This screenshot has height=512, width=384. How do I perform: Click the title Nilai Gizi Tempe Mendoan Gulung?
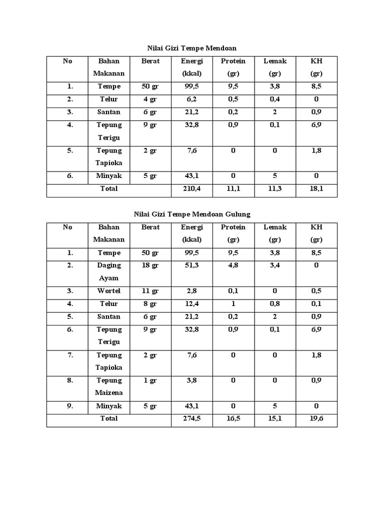coord(192,214)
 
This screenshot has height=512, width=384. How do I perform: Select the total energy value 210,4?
coord(192,188)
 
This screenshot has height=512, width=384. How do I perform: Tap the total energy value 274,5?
coord(192,418)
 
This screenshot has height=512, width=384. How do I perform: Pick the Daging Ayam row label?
coord(109,271)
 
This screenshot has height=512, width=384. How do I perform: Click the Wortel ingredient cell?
coord(109,291)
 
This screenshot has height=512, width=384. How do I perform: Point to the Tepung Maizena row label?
coord(109,386)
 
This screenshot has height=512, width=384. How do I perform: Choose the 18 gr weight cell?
coord(150,265)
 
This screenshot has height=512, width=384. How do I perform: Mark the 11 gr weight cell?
coord(150,291)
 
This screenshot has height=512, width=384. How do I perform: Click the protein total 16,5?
coord(233,418)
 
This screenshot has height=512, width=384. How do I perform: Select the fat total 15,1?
coord(274,418)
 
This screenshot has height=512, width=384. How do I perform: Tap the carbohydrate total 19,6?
coord(316,418)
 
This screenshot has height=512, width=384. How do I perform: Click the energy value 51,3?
coord(192,265)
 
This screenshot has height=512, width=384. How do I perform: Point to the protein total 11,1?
coord(233,188)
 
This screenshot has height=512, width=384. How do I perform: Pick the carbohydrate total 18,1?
coord(316,188)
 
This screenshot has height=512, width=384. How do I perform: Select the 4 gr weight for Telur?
coord(150,99)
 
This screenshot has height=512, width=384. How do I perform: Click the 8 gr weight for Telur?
coord(150,304)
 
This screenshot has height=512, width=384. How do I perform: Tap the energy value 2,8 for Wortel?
coord(192,291)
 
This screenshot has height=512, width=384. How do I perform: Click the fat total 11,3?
coord(274,188)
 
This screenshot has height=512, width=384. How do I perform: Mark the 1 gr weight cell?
coord(150,380)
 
